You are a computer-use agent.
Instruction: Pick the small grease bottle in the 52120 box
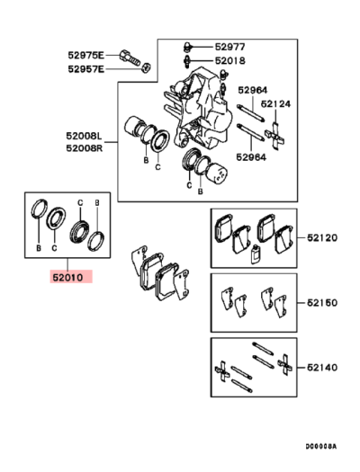point(256,252)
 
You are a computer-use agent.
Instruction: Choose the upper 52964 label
point(253,91)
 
